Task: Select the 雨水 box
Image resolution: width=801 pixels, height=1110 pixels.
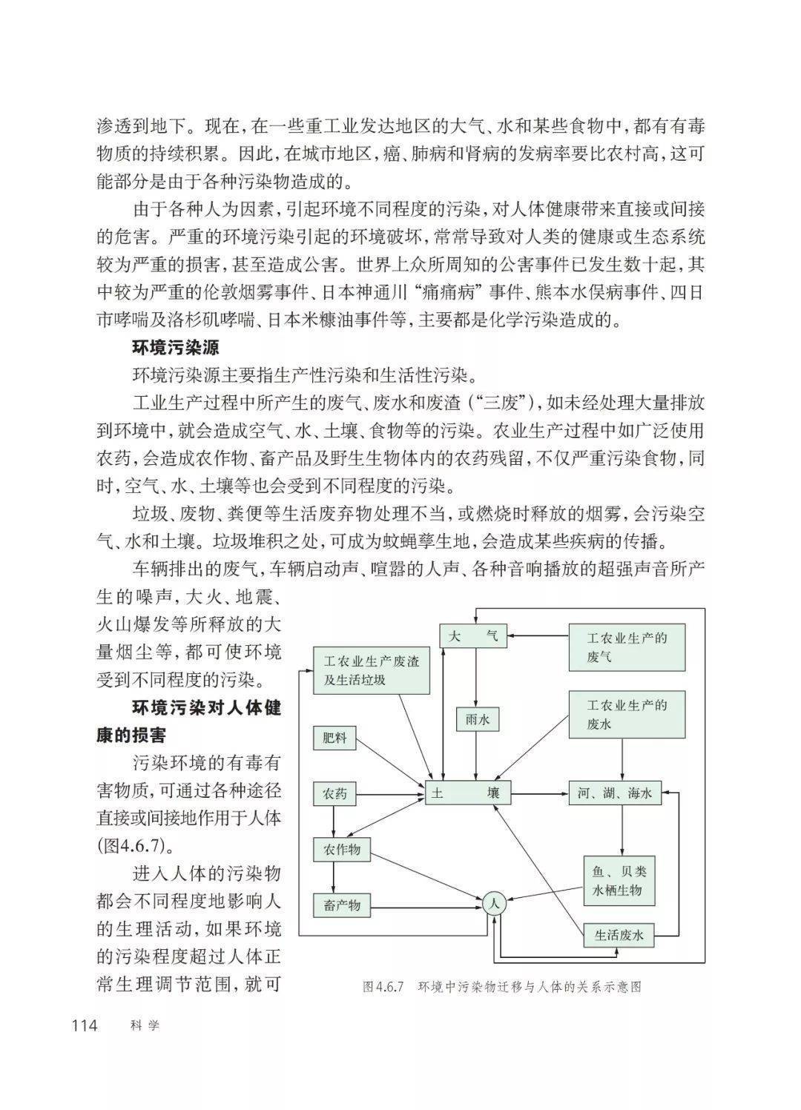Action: coord(477,718)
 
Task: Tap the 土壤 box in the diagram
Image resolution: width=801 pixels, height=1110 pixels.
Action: coord(469,793)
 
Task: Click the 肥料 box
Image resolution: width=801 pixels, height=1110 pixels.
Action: coord(334,739)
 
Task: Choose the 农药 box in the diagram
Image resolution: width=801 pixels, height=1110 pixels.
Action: coord(334,794)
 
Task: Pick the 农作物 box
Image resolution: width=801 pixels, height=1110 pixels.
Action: coord(341,849)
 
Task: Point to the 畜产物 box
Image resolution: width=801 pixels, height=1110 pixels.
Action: coord(341,905)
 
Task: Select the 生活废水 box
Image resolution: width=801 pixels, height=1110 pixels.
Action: coord(619,936)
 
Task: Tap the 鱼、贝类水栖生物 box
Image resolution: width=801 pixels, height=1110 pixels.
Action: coord(619,882)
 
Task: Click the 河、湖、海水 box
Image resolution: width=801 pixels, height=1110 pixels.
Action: coord(615,793)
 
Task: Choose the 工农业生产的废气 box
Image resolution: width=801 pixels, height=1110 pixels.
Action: coord(627,647)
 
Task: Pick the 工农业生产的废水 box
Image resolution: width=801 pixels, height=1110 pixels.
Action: coord(627,714)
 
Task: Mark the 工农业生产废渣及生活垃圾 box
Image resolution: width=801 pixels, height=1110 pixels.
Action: coord(372,670)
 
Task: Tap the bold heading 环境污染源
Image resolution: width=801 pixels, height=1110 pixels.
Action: coord(175,347)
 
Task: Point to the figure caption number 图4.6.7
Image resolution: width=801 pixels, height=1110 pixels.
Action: coord(382,987)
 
